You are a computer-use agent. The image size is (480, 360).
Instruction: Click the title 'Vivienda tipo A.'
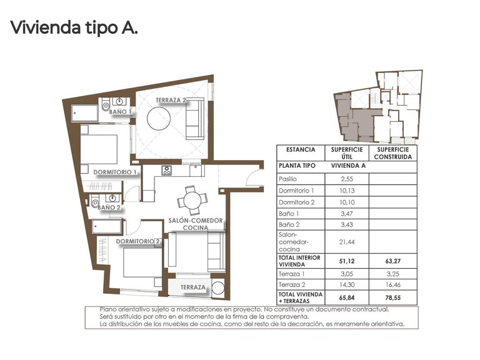point(73,27)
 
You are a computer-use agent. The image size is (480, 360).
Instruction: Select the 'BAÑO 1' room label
point(121,112)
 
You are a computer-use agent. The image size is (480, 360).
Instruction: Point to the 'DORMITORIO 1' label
point(115,172)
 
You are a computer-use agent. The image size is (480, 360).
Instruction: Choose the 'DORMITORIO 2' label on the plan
point(139,241)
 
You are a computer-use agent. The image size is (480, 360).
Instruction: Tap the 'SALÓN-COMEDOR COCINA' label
point(192,224)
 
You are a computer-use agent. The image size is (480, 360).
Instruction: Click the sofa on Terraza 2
point(195,119)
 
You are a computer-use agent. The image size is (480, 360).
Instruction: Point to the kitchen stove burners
point(167,170)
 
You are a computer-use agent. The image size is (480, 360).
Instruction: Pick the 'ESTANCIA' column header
point(300,150)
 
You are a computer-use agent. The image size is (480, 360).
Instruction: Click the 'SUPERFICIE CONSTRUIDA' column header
point(392,153)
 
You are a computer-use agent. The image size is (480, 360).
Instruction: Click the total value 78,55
point(392,297)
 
